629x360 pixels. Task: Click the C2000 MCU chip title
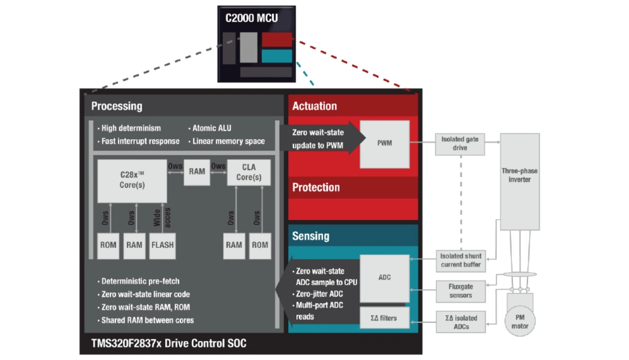click(252, 19)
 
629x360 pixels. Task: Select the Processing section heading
click(116, 106)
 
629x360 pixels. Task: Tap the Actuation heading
click(314, 106)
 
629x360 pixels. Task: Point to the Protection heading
click(316, 188)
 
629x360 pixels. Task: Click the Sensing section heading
click(311, 236)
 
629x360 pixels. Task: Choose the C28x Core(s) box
click(132, 181)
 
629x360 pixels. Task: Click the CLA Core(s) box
click(249, 172)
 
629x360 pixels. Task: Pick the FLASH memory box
click(163, 245)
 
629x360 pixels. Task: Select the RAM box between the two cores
click(197, 172)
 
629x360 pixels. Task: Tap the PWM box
click(384, 144)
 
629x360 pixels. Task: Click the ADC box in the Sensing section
click(384, 278)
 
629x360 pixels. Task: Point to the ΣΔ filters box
click(384, 318)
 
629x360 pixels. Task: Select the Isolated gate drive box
click(460, 143)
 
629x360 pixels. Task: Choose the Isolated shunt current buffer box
click(460, 260)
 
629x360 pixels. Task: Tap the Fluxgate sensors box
click(460, 291)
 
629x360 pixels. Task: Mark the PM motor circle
click(520, 322)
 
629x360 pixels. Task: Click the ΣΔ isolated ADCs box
click(460, 322)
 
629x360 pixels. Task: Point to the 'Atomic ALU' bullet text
click(211, 128)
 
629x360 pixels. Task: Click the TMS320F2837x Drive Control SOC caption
click(169, 343)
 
